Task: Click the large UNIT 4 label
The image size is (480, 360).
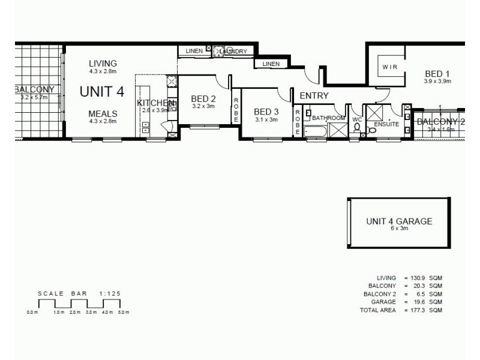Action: tap(102, 92)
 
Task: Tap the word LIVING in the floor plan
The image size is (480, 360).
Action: tap(103, 64)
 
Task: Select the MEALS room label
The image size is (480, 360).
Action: tap(103, 114)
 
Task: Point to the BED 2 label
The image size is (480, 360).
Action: tap(203, 99)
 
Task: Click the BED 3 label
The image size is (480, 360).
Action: tap(266, 112)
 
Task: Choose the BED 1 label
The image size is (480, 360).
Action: tap(437, 72)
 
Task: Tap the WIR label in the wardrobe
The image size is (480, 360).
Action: tap(389, 67)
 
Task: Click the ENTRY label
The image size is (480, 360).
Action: tap(314, 95)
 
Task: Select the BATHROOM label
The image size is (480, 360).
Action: tap(329, 118)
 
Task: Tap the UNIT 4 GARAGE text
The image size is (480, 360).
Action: tap(399, 221)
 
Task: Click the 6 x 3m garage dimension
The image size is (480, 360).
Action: tap(399, 229)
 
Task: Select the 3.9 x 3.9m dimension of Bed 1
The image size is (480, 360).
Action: tap(437, 80)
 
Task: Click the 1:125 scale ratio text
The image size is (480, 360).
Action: tap(110, 293)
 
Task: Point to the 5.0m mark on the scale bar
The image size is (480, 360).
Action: tap(123, 313)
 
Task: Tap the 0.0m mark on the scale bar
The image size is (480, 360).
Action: tap(32, 313)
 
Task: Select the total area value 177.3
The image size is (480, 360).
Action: tap(419, 311)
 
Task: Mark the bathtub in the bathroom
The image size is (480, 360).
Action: tap(316, 131)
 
